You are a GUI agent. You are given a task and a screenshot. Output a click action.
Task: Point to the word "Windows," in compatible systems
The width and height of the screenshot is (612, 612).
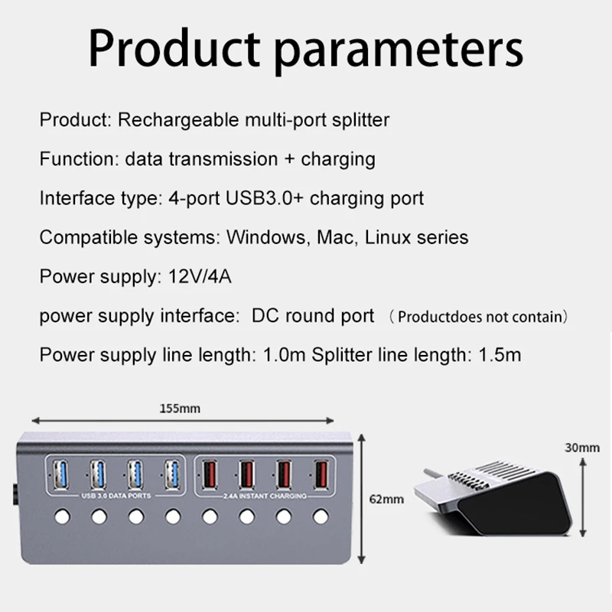(265, 237)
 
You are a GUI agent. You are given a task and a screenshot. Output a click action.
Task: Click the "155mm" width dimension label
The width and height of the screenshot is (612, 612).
(180, 409)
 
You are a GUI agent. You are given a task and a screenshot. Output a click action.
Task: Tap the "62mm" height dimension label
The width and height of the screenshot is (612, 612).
(387, 500)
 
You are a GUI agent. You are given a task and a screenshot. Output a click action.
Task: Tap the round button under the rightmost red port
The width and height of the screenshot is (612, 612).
(320, 517)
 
